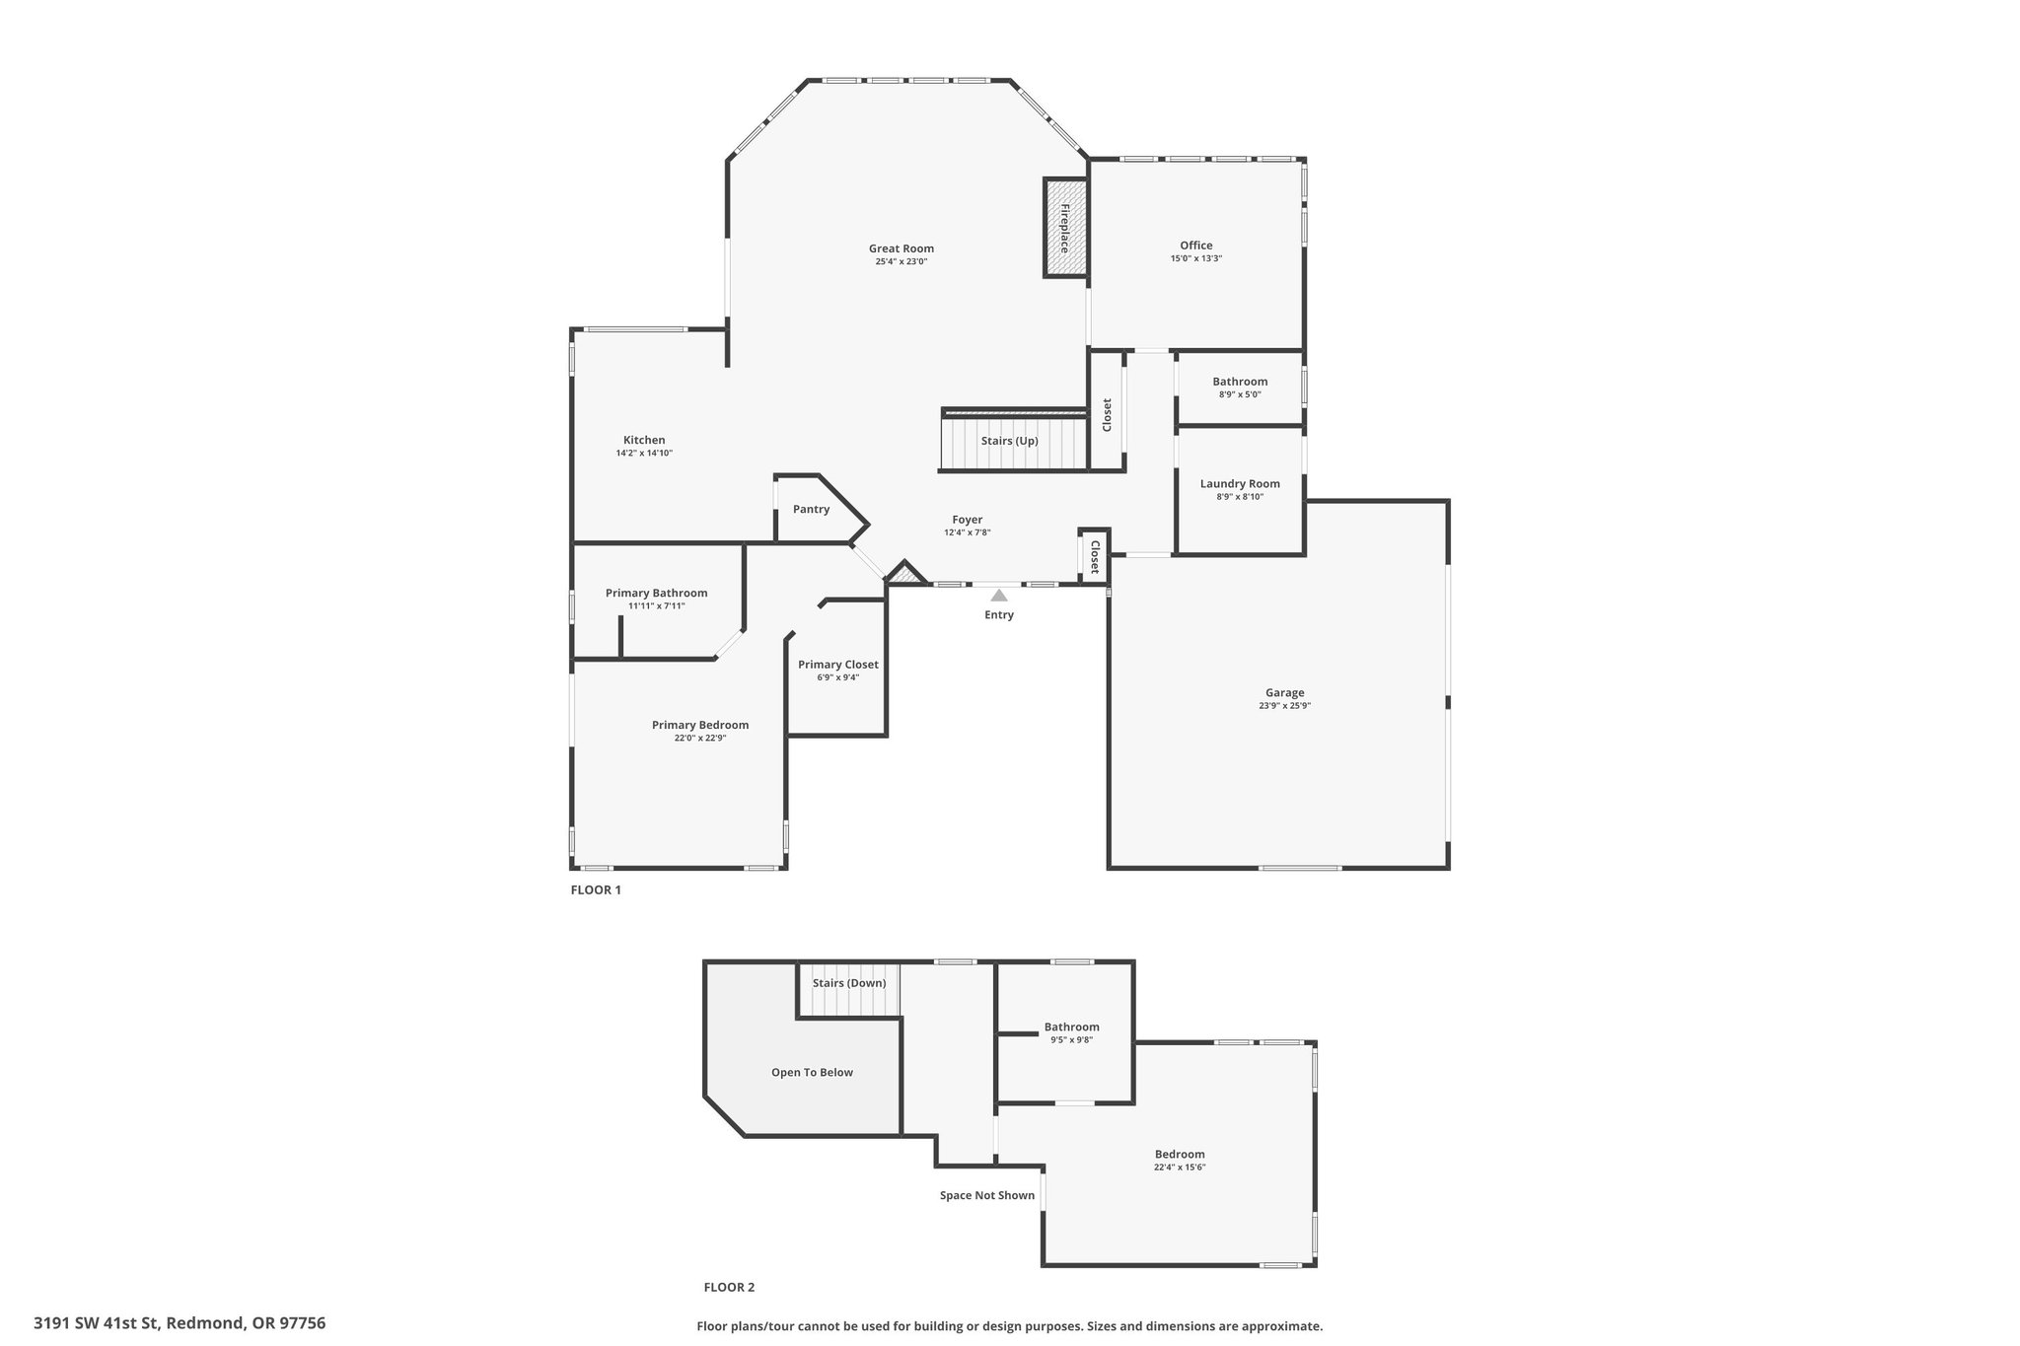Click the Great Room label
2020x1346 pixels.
pos(901,248)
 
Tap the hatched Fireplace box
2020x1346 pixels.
pos(1065,228)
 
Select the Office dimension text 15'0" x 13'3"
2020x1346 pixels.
pos(1195,258)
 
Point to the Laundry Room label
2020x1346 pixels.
pos(1240,484)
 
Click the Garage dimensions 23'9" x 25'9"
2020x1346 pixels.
pos(1284,706)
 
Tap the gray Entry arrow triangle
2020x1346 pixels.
pos(999,595)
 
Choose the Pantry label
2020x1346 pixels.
pos(811,510)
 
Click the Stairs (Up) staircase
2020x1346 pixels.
pos(1013,441)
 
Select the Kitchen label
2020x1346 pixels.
pos(644,441)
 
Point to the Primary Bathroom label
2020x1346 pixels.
pos(656,594)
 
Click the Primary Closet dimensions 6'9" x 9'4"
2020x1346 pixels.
pos(837,677)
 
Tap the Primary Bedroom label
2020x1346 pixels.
pos(700,725)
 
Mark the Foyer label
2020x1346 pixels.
pos(967,520)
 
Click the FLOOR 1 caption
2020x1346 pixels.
pos(596,889)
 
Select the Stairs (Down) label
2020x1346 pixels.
pos(849,983)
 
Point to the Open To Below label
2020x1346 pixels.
pos(812,1073)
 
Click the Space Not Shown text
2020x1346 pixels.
pos(987,1196)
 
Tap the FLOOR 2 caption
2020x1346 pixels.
pos(729,1287)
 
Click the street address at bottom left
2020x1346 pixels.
pos(180,1323)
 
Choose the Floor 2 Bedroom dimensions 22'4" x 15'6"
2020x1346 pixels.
pos(1180,1168)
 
